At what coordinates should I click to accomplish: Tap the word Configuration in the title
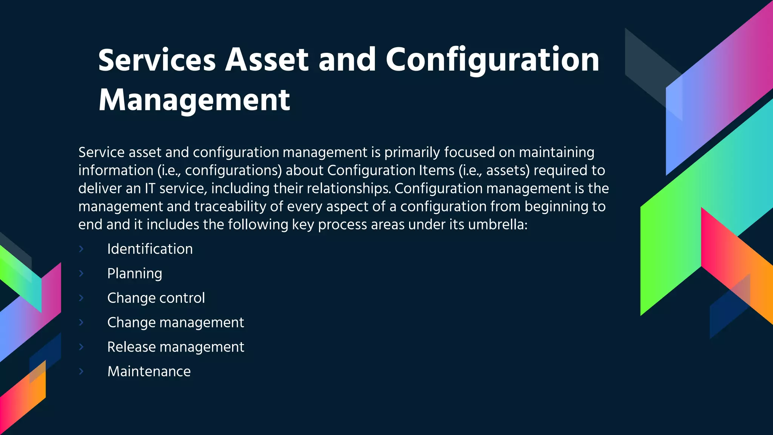(492, 60)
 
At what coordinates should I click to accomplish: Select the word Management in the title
(194, 100)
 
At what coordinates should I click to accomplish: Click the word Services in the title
(157, 60)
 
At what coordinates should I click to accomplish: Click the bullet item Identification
(150, 249)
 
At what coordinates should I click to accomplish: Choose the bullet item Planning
(134, 274)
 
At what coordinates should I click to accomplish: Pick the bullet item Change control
(156, 298)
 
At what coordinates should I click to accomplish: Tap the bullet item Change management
(176, 322)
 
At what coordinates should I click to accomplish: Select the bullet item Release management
(176, 347)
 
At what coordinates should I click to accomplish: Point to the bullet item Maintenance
(149, 372)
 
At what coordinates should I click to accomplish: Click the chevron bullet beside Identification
(81, 249)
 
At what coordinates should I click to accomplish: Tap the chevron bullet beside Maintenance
(81, 371)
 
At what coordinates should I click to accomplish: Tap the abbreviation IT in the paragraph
(150, 188)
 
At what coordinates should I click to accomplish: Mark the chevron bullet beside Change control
(81, 298)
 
